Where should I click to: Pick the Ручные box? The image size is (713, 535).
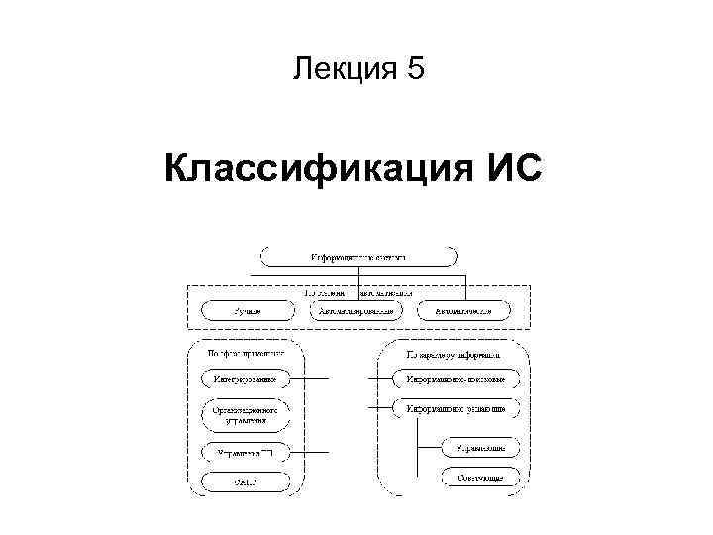[248, 310]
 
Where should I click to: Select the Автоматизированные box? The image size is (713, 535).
[357, 310]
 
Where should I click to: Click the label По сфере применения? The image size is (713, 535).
[247, 351]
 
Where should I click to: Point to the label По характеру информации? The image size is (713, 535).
[453, 351]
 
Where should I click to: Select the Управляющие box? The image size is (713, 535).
[466, 449]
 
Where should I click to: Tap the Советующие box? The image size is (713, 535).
[466, 479]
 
